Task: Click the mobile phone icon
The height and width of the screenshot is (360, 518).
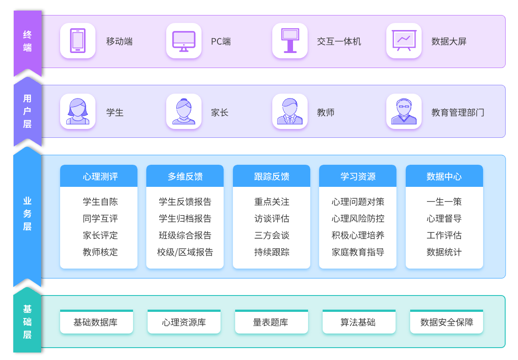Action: [78, 41]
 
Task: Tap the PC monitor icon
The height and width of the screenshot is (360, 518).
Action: [184, 41]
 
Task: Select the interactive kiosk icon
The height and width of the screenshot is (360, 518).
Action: [290, 41]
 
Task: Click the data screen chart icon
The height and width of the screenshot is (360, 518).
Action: [404, 41]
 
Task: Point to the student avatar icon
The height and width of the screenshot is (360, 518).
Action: [78, 111]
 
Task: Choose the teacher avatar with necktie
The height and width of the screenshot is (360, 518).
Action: [290, 111]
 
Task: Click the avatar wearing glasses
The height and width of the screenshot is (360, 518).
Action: [404, 111]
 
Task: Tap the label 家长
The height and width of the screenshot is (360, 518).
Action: [220, 113]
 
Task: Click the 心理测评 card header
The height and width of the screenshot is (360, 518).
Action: [99, 176]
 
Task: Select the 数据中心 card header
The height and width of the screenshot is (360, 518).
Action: [444, 176]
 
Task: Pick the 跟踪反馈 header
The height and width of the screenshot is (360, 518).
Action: [271, 176]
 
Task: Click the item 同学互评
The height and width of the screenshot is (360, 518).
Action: [100, 219]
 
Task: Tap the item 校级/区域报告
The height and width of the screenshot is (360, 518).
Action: [185, 252]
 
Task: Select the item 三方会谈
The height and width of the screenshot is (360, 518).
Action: [272, 235]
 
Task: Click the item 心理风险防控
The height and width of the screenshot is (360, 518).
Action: [358, 219]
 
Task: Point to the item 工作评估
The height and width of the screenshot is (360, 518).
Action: [444, 235]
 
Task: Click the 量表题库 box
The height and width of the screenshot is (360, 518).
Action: [271, 322]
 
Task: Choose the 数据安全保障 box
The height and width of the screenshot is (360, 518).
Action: [446, 322]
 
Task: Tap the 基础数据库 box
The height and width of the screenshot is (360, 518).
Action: [96, 322]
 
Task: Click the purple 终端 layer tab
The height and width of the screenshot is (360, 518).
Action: [27, 41]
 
